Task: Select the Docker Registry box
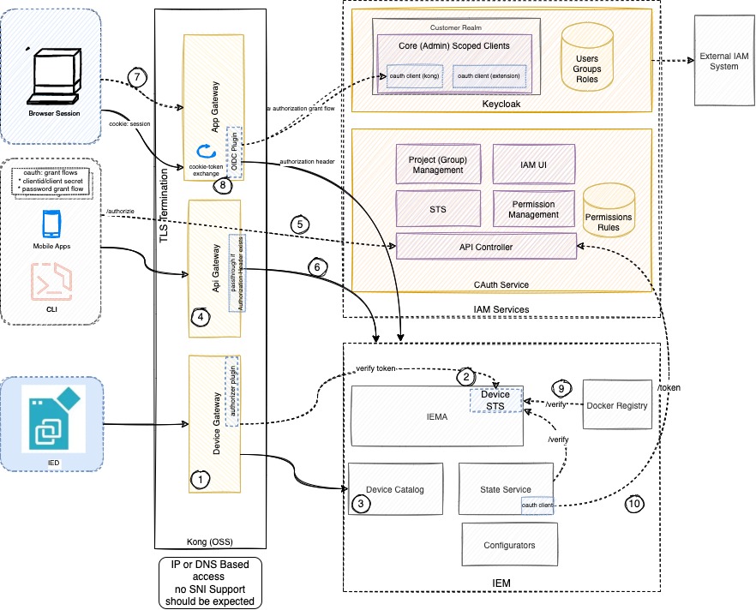(x=620, y=404)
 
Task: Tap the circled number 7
(x=135, y=77)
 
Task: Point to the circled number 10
(x=634, y=505)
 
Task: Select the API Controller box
(x=485, y=247)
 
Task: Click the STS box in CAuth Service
(x=437, y=207)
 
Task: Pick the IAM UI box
(x=532, y=164)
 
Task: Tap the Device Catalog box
(x=395, y=489)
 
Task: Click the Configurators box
(x=509, y=545)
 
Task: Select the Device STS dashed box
(x=498, y=399)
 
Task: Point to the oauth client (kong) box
(x=415, y=77)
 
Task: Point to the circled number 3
(x=361, y=504)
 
